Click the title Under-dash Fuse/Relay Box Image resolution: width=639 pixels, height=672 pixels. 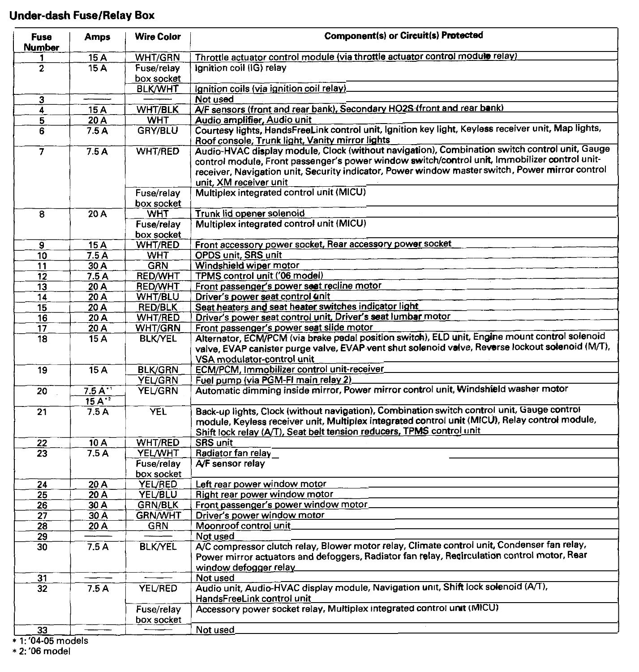82,16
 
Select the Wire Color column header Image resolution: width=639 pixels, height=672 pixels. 158,37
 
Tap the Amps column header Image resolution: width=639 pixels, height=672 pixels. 97,37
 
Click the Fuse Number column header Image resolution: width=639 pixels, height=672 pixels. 42,42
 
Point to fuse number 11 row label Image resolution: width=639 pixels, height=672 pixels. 42,266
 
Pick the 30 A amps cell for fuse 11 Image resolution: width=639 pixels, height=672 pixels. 97,266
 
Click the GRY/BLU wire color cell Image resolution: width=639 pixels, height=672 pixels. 158,131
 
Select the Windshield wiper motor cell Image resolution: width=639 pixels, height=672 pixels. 247,265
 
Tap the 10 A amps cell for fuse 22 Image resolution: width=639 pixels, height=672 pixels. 97,443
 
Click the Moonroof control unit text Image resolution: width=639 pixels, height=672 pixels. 243,526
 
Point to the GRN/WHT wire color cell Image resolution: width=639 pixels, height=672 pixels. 159,515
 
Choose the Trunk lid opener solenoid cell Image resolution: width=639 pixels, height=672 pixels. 250,214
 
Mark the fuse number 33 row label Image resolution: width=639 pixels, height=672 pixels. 42,630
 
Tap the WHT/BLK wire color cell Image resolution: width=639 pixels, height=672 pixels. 158,110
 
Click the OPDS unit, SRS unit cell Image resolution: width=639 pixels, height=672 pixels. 239,255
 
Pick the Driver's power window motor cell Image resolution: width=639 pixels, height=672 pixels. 260,515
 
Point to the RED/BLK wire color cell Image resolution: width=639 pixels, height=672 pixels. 158,308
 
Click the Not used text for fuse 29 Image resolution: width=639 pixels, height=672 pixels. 215,536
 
